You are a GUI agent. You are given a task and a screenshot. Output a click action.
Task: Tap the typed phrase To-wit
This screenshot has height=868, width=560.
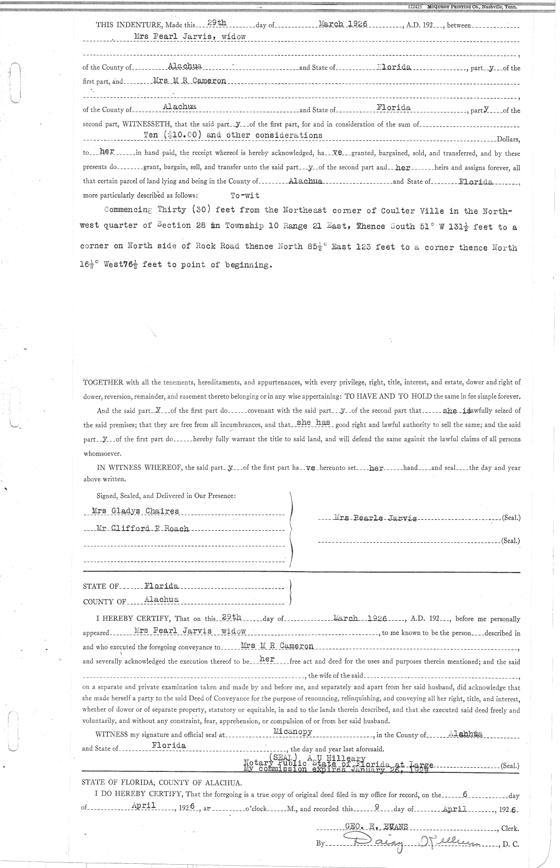pyautogui.click(x=245, y=196)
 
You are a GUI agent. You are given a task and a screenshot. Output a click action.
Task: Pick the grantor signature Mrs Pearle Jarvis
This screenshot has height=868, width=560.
pyautogui.click(x=376, y=518)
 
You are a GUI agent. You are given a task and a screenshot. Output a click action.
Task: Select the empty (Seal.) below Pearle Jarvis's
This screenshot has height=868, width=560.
pyautogui.click(x=510, y=541)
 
